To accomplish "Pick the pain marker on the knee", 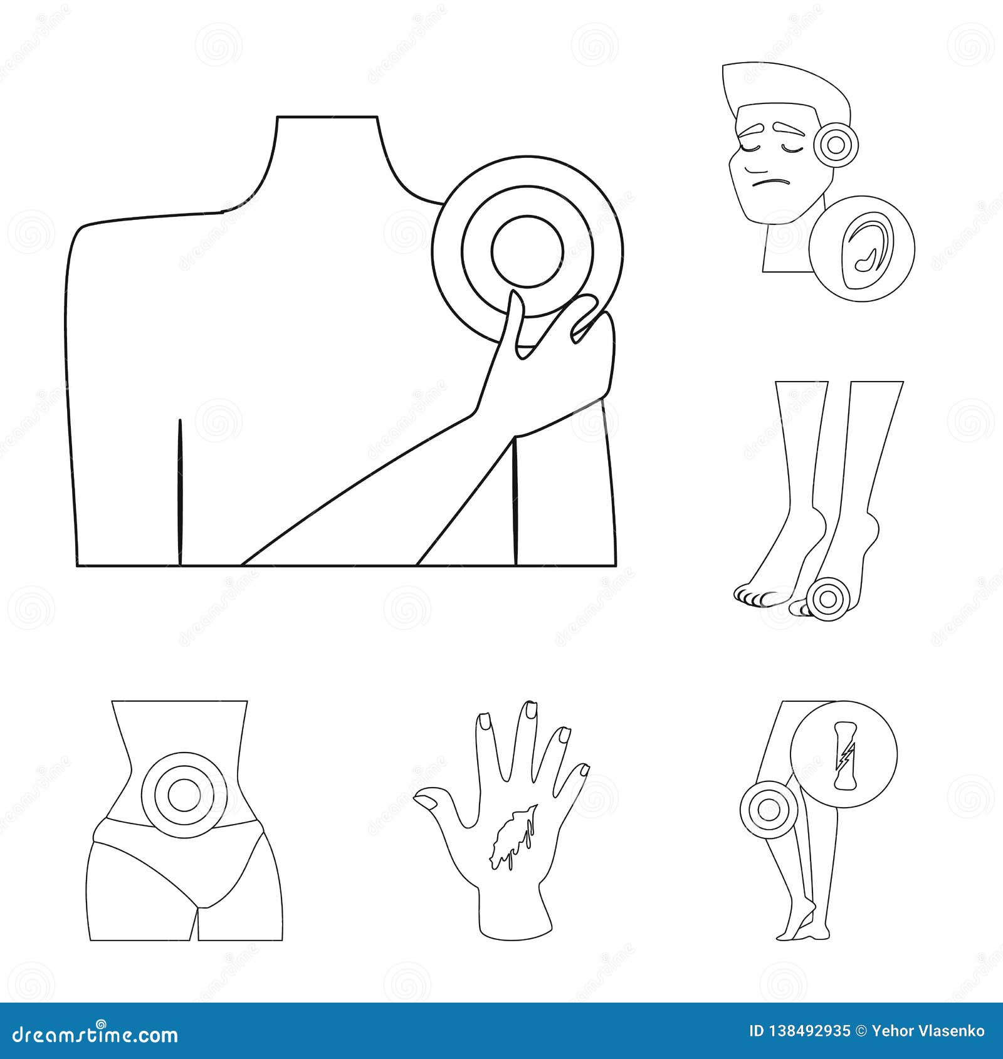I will click(765, 810).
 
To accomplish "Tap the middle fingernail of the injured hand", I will click(530, 711).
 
